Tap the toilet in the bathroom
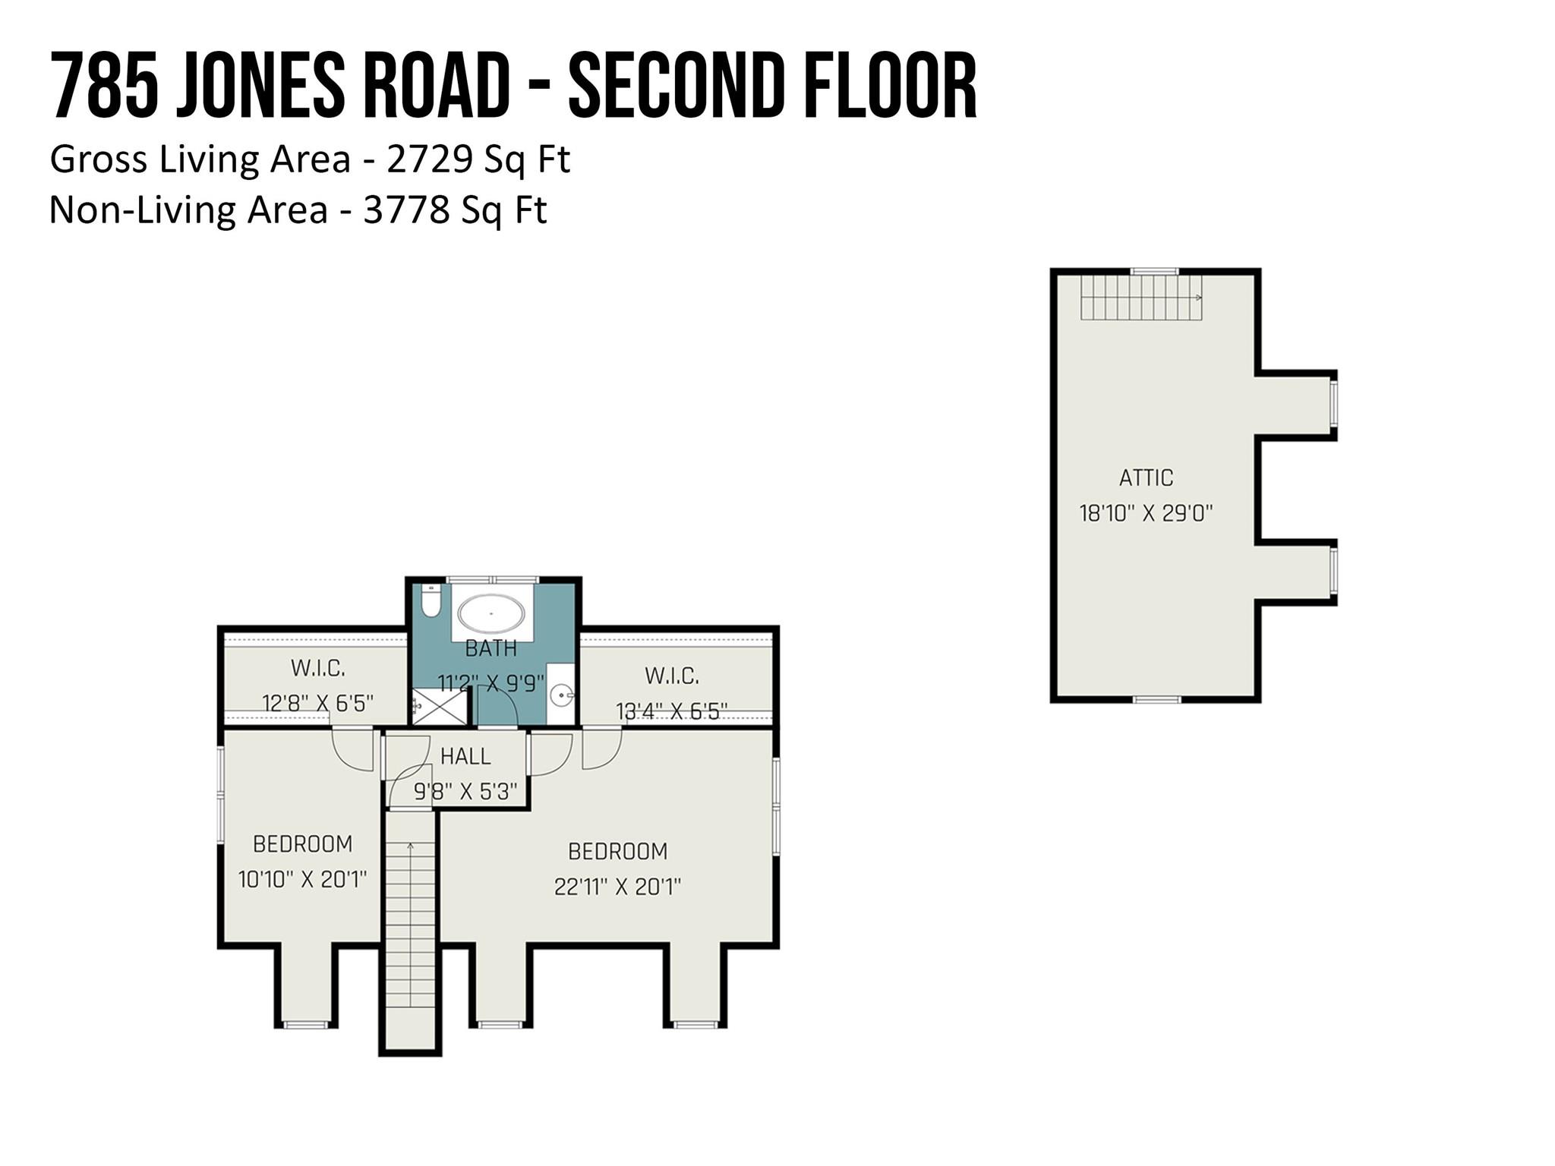[x=431, y=600]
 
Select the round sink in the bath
[x=562, y=694]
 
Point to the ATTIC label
[x=1146, y=477]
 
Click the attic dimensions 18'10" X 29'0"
[x=1146, y=513]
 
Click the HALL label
[x=465, y=756]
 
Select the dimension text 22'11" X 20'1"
[x=617, y=887]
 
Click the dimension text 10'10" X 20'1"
[x=302, y=879]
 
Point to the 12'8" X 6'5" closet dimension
[x=317, y=703]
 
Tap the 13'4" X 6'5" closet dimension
[x=671, y=711]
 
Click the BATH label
[x=490, y=649]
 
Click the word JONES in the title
[x=260, y=86]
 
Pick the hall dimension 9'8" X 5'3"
[x=465, y=792]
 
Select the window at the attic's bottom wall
[x=1157, y=698]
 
